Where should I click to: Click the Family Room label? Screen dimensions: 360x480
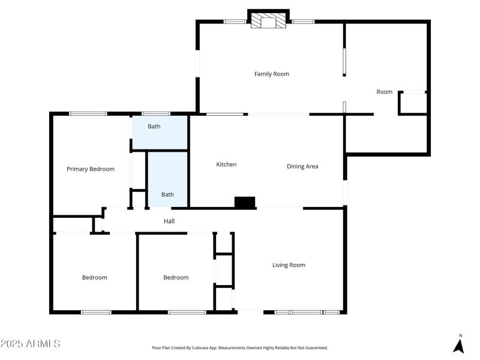click(271, 74)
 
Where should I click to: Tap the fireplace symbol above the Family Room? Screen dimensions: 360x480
click(268, 22)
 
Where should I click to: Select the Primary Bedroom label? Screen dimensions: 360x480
click(90, 169)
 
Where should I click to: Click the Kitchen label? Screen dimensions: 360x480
click(226, 164)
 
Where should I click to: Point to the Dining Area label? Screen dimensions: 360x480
click(302, 166)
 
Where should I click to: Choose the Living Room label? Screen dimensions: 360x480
click(289, 265)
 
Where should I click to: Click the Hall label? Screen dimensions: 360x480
click(169, 221)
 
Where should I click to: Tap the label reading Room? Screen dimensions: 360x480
click(384, 92)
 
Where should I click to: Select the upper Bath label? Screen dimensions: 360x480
click(154, 127)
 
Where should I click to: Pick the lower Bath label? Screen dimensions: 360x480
click(167, 194)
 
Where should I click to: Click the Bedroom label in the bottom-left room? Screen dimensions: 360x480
click(94, 277)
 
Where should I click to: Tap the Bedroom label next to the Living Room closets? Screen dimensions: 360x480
click(176, 277)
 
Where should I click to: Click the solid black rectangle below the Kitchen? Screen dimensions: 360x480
click(245, 203)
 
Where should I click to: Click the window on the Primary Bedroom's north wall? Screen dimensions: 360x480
click(88, 113)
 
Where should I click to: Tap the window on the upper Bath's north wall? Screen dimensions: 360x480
click(155, 113)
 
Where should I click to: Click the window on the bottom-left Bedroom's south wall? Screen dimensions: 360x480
click(96, 312)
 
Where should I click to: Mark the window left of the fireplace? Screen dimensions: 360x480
click(235, 22)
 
